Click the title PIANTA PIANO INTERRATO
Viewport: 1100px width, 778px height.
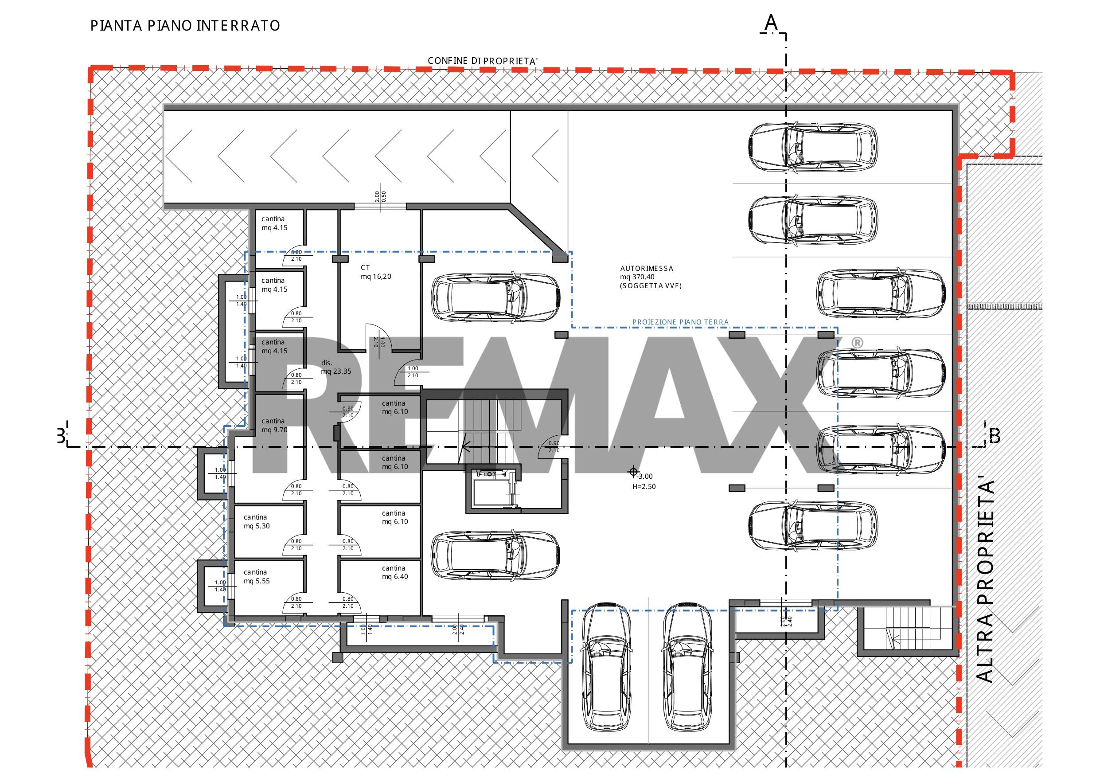click(185, 25)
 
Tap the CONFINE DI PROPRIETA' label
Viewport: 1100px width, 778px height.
click(483, 61)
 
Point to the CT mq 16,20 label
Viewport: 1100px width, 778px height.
click(376, 272)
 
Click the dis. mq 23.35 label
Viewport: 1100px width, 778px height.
click(336, 367)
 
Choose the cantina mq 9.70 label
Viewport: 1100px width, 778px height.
click(274, 425)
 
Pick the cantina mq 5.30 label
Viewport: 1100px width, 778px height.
click(257, 521)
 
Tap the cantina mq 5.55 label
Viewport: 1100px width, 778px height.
click(257, 576)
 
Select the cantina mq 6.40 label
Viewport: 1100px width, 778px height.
click(395, 572)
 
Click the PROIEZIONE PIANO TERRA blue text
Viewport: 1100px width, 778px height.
click(680, 322)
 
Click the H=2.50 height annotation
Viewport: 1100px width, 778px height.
click(644, 487)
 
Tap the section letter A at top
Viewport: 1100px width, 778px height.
click(771, 22)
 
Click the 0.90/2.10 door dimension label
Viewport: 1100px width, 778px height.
click(554, 447)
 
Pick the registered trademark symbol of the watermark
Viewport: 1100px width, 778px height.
click(857, 343)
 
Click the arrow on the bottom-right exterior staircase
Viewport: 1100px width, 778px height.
click(895, 637)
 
